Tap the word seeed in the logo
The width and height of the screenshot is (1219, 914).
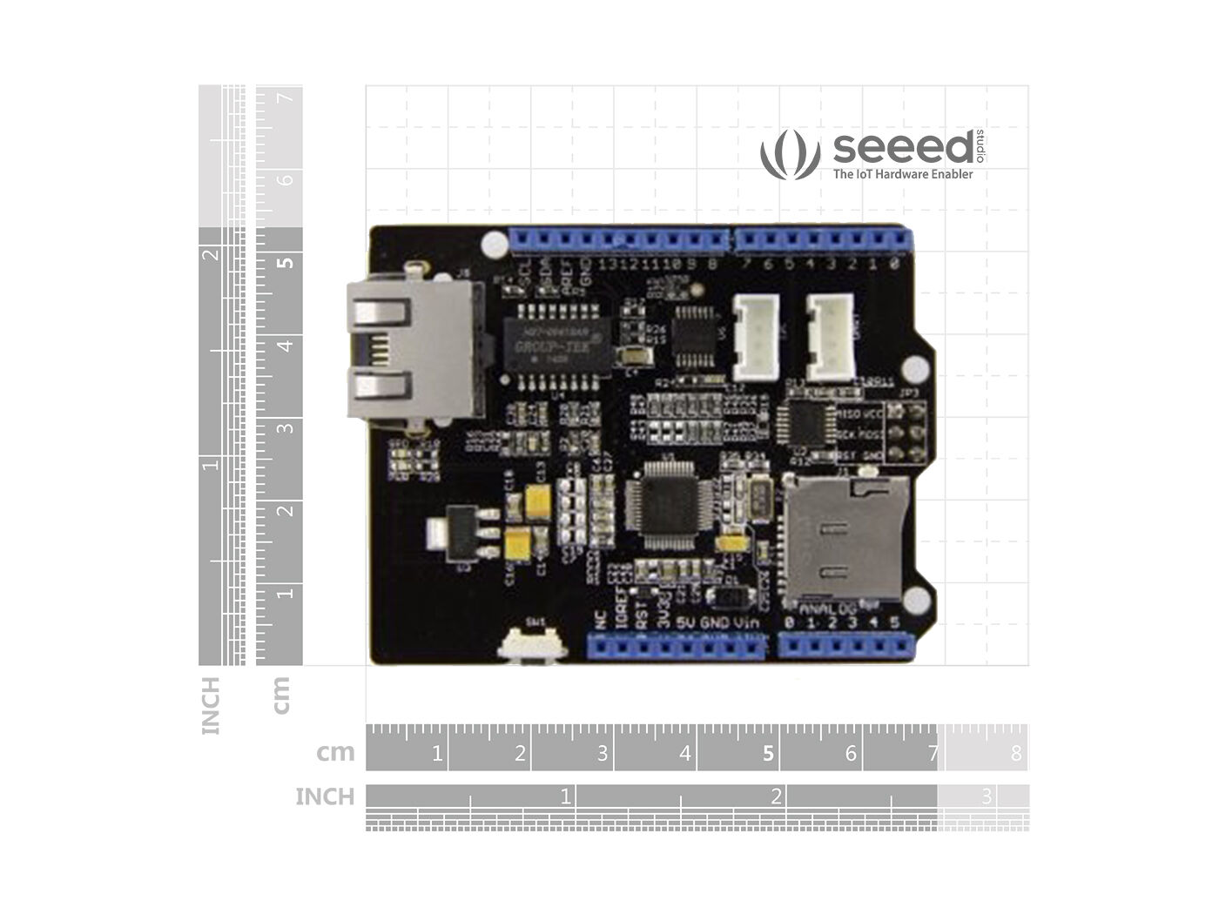[x=902, y=147]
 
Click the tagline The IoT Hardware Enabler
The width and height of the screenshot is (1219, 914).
[x=902, y=174]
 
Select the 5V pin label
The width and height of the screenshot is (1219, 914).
[x=685, y=622]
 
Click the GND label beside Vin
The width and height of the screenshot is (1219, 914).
[x=715, y=622]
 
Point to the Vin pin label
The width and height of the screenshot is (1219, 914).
[x=745, y=622]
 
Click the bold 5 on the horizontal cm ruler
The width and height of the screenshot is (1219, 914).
[x=767, y=753]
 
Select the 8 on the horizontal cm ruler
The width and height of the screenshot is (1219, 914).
[x=1015, y=753]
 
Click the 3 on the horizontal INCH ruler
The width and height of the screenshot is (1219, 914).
[x=987, y=796]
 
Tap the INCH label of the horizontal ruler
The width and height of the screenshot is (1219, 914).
[x=325, y=796]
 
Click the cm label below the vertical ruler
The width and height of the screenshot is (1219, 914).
[x=280, y=696]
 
